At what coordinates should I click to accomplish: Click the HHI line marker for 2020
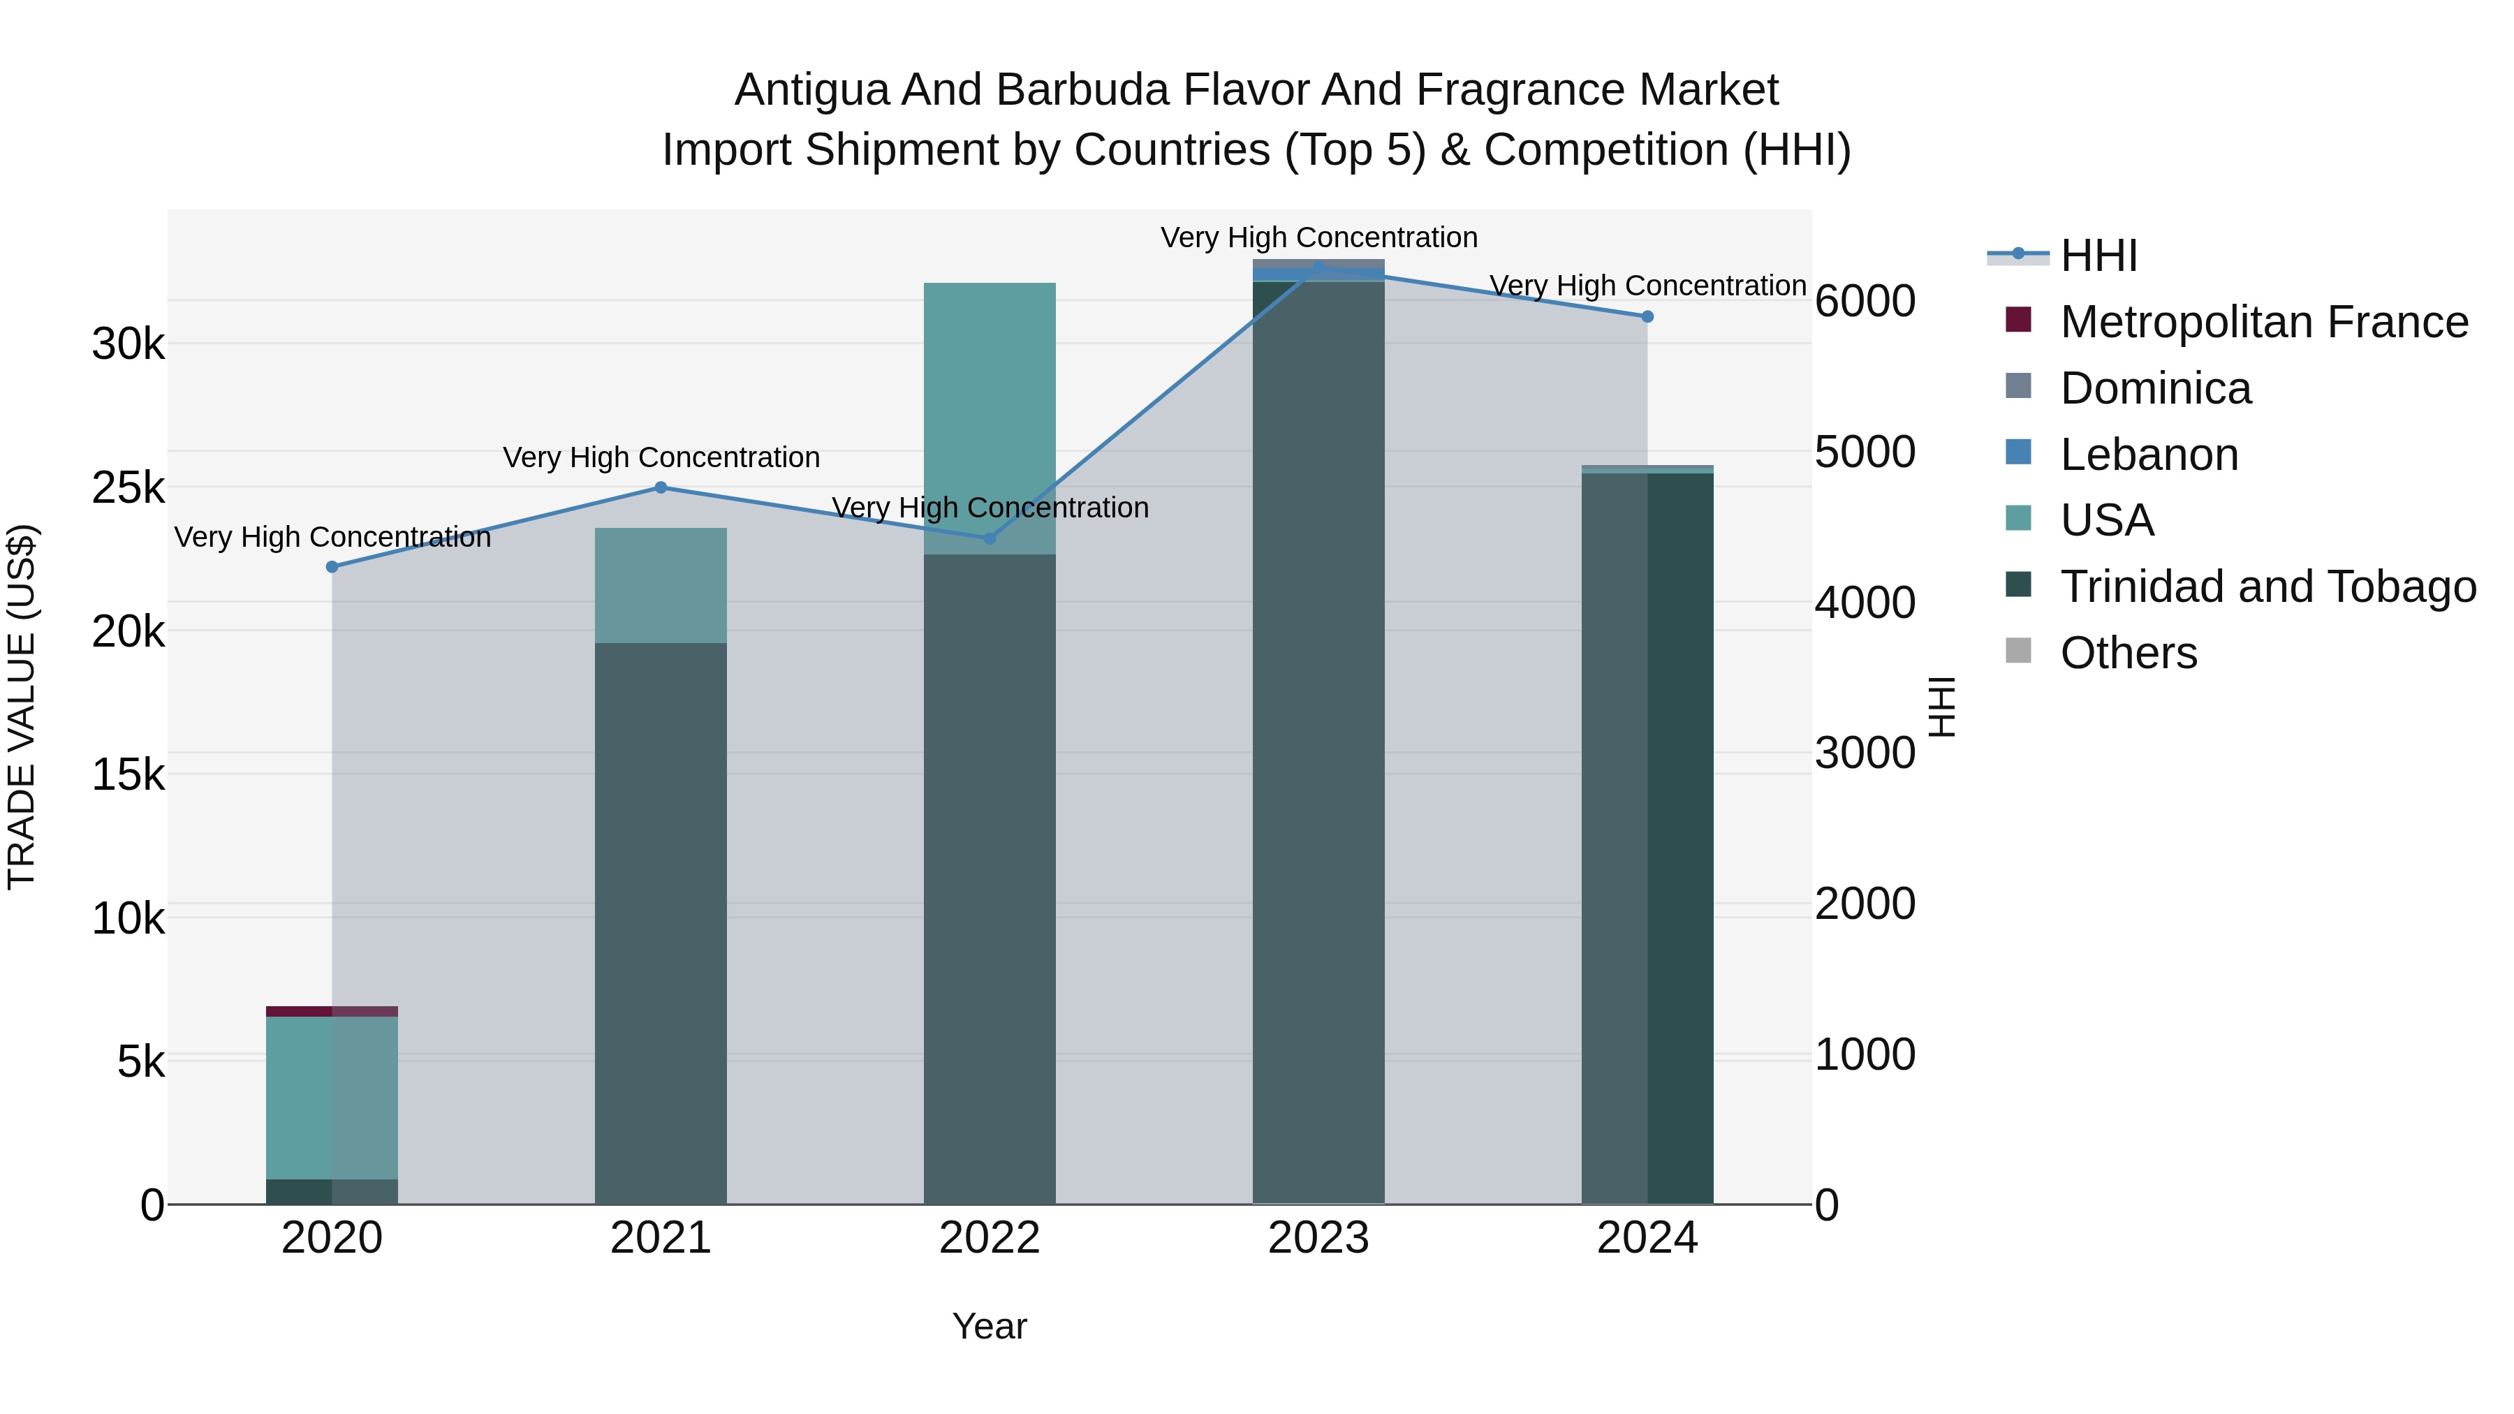pos(332,567)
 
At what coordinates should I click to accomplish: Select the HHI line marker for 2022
pos(990,538)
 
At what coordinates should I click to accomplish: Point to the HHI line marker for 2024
pos(1647,316)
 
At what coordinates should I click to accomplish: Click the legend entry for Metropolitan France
pos(2263,322)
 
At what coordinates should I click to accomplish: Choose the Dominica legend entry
pos(2155,388)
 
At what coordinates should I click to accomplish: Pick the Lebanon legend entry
pos(2148,455)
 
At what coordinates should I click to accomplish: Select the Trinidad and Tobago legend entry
pos(2267,587)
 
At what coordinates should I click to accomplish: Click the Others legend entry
pos(2128,653)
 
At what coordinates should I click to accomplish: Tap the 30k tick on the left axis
pos(128,344)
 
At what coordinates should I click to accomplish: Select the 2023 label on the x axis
pos(1318,1238)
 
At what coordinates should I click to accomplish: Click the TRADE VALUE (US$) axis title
pos(22,707)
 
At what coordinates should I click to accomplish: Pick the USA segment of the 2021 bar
pos(661,586)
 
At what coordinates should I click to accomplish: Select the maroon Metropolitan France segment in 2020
pos(299,1011)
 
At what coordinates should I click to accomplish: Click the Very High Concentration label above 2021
pos(661,457)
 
